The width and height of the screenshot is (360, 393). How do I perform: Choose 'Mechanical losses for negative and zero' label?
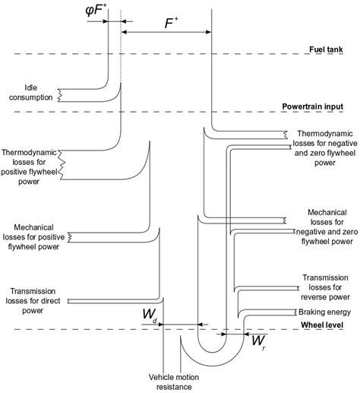[324, 227]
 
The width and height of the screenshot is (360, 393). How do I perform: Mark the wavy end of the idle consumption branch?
[61, 95]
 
